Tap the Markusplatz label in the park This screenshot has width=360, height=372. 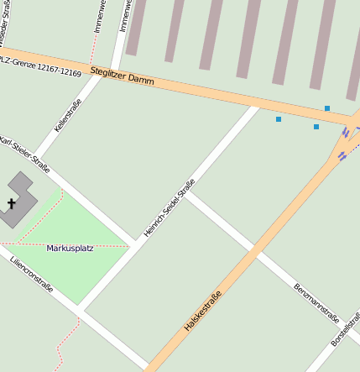click(70, 248)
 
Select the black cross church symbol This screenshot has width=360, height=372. click(12, 203)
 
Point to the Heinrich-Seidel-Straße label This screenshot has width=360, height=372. click(170, 207)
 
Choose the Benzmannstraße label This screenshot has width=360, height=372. click(316, 303)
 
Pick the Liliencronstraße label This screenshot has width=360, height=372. click(32, 275)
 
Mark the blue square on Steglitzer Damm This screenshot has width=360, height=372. click(327, 108)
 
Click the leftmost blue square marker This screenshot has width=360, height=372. click(279, 119)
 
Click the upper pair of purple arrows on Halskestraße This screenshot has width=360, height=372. click(346, 134)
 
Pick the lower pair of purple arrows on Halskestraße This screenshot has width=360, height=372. click(341, 155)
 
